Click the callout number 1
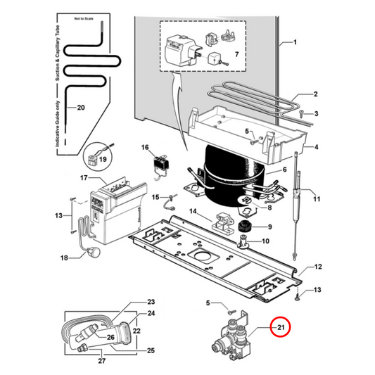tap(295, 43)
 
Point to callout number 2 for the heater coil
tap(316, 94)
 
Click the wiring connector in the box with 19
tap(97, 158)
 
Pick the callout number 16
tap(146, 148)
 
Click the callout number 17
tap(82, 179)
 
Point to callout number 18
tap(64, 258)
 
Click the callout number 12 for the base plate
tap(317, 267)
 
